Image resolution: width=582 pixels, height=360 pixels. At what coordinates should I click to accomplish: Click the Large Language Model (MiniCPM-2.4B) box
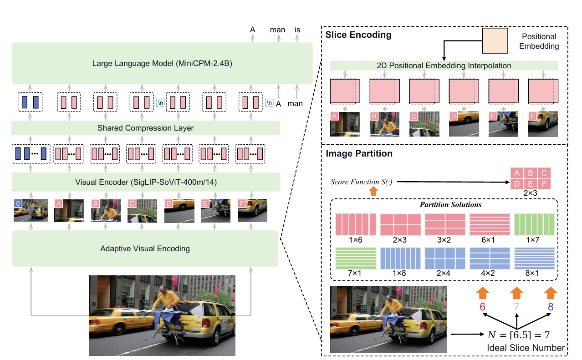click(x=162, y=63)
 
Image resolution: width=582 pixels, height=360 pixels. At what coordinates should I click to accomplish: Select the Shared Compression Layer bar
click(x=145, y=128)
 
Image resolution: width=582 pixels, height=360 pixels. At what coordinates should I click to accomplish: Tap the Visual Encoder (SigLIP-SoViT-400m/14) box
click(x=145, y=182)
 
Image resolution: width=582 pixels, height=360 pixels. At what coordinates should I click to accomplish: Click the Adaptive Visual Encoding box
click(x=145, y=248)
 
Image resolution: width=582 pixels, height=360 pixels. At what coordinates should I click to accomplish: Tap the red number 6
click(x=483, y=307)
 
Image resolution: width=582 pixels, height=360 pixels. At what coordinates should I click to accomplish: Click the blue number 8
click(x=550, y=307)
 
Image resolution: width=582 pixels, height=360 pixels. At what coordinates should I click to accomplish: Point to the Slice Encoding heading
click(x=358, y=35)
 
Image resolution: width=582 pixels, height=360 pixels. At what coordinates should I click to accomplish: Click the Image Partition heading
click(x=359, y=154)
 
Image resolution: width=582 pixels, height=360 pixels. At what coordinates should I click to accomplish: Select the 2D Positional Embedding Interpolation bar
click(x=444, y=66)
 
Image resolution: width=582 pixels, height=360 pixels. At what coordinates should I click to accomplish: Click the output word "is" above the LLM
click(x=297, y=30)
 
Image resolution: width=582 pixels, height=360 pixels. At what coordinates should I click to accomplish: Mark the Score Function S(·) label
click(x=361, y=183)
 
